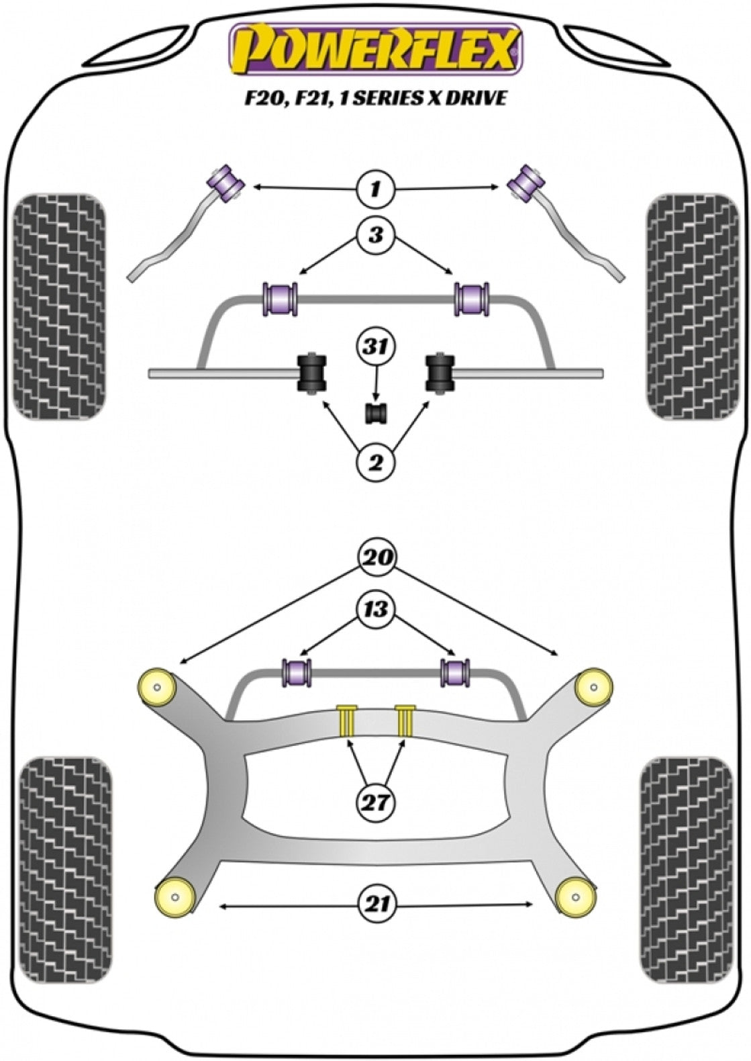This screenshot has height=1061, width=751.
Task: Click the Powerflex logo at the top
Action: [x=375, y=48]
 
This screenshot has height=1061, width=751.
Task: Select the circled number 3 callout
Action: [x=375, y=236]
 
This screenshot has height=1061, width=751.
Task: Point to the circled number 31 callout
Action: [x=376, y=348]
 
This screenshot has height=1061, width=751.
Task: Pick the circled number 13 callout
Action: [x=376, y=610]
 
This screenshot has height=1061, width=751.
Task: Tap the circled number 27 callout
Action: [x=376, y=802]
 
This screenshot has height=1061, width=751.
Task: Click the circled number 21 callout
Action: [x=377, y=905]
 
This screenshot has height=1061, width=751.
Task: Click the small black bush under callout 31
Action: [x=377, y=414]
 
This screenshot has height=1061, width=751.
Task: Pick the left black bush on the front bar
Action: [x=311, y=371]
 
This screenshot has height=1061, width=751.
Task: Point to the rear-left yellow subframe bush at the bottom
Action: [x=174, y=895]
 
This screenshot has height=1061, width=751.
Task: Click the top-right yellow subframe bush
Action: [x=594, y=688]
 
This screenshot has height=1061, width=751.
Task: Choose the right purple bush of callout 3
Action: [x=472, y=298]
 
